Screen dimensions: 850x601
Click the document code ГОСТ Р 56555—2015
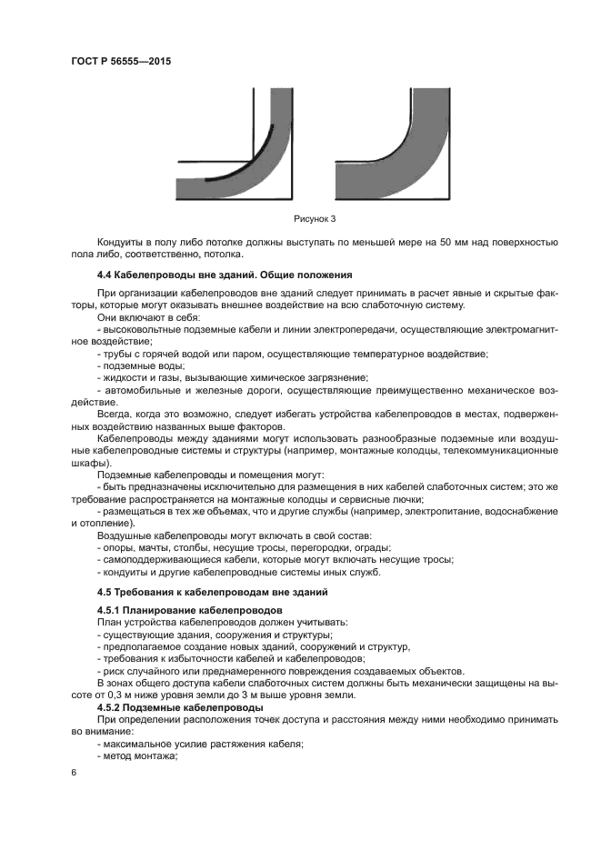click(120, 61)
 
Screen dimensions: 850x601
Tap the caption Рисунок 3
click(315, 219)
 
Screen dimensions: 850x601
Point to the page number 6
click(75, 772)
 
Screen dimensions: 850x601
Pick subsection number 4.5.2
click(110, 706)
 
